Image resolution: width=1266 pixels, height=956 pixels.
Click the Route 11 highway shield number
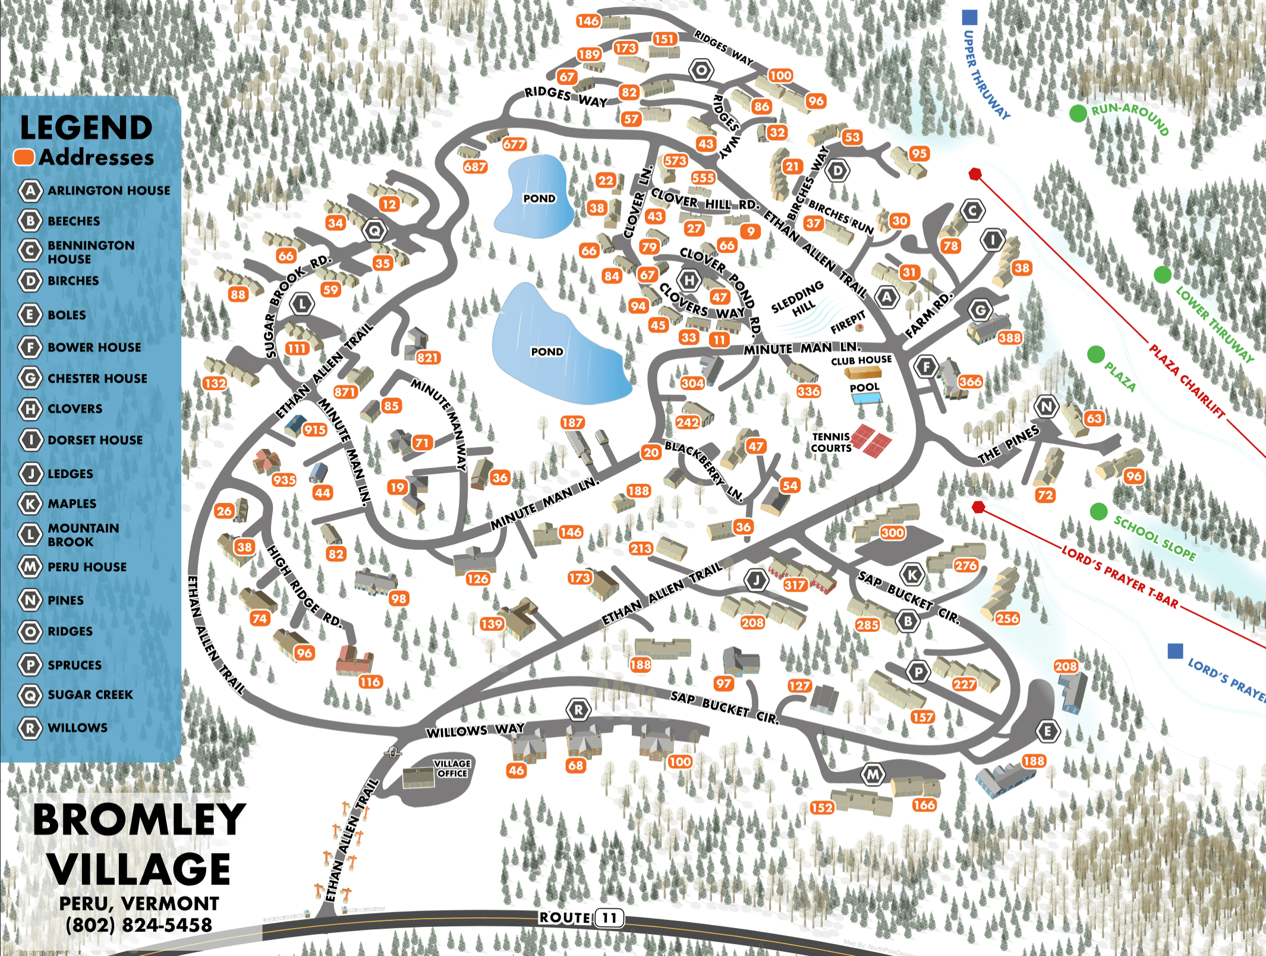click(609, 918)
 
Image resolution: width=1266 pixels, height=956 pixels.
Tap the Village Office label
click(452, 768)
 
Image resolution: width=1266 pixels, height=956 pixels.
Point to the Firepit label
click(848, 322)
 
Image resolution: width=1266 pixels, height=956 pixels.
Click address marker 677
click(514, 144)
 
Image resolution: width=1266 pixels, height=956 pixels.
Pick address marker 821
click(427, 357)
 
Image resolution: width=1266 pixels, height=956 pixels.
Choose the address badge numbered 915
click(314, 429)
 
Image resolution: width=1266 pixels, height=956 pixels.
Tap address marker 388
click(1010, 338)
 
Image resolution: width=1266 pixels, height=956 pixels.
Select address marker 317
click(795, 584)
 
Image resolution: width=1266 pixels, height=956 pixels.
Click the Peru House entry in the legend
click(87, 567)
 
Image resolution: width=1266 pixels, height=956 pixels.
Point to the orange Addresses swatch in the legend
click(24, 157)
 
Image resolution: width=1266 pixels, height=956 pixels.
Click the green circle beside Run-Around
click(1078, 113)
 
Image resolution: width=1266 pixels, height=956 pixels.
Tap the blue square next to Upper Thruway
click(969, 17)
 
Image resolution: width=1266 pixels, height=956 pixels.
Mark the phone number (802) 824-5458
click(138, 925)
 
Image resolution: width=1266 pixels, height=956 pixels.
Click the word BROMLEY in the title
click(139, 819)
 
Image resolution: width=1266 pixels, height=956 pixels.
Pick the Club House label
click(861, 360)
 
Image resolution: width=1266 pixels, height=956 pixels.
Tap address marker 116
click(370, 682)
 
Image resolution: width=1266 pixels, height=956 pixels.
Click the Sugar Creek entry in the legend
click(90, 694)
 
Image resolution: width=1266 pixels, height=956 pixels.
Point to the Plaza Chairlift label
click(1186, 380)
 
